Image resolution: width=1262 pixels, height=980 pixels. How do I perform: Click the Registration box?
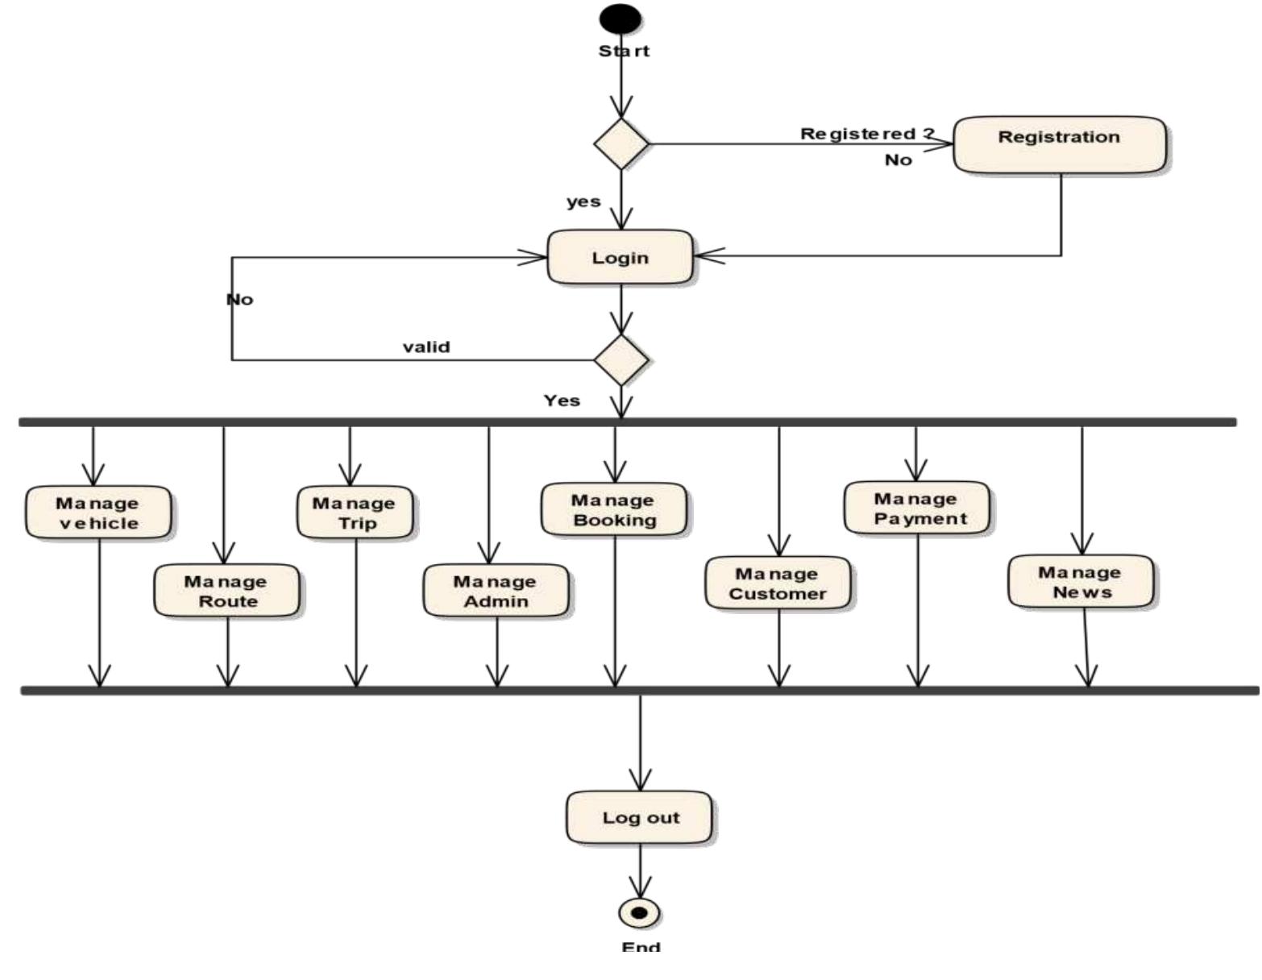(x=1059, y=144)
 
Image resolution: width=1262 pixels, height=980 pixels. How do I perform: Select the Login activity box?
(x=620, y=257)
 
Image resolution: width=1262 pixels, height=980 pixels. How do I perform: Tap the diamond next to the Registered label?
(x=621, y=144)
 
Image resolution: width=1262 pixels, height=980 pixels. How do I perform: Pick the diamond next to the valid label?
(x=621, y=359)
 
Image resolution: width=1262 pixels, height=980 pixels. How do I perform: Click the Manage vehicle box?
(x=98, y=513)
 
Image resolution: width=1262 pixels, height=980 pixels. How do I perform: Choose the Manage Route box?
(x=226, y=591)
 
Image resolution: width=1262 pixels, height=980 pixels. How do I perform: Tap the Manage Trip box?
(x=355, y=513)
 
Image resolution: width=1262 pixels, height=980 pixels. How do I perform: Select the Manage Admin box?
(x=496, y=591)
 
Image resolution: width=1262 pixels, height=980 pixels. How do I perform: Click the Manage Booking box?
(x=614, y=509)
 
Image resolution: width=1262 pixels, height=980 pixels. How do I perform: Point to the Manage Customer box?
(x=778, y=583)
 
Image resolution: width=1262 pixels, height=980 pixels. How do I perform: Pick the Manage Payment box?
(x=917, y=508)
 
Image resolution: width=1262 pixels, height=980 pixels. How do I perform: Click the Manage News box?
(x=1081, y=581)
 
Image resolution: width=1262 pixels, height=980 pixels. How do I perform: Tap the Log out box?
(x=639, y=817)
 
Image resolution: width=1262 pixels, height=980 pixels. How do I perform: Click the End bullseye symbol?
(x=639, y=913)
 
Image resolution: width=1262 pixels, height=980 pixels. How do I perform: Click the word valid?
(x=426, y=347)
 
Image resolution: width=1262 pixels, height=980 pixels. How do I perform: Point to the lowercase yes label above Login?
(x=583, y=201)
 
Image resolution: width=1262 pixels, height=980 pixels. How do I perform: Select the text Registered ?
(x=867, y=134)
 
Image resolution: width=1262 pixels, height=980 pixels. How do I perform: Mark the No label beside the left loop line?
(x=239, y=300)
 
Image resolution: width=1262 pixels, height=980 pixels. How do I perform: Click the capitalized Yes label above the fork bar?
(x=562, y=401)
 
